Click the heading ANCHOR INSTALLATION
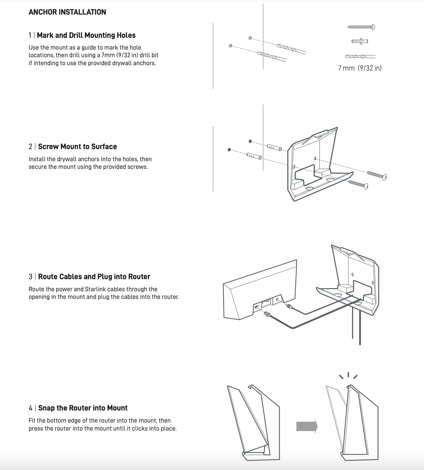point(67,12)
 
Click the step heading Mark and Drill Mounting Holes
point(86,35)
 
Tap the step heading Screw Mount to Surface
point(77,147)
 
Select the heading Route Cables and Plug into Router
point(94,277)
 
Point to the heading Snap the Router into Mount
point(83,408)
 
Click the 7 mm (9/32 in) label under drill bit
point(360,68)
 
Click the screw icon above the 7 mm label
point(361,27)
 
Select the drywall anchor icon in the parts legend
point(360,41)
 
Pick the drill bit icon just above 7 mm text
point(360,57)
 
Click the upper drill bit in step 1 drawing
point(291,49)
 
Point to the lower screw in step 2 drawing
point(358,184)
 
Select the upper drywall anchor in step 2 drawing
point(274,147)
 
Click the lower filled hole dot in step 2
point(229,149)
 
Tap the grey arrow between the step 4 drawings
point(307,426)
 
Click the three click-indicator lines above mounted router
point(348,376)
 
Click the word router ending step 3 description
point(170,297)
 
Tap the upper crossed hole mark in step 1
point(250,38)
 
